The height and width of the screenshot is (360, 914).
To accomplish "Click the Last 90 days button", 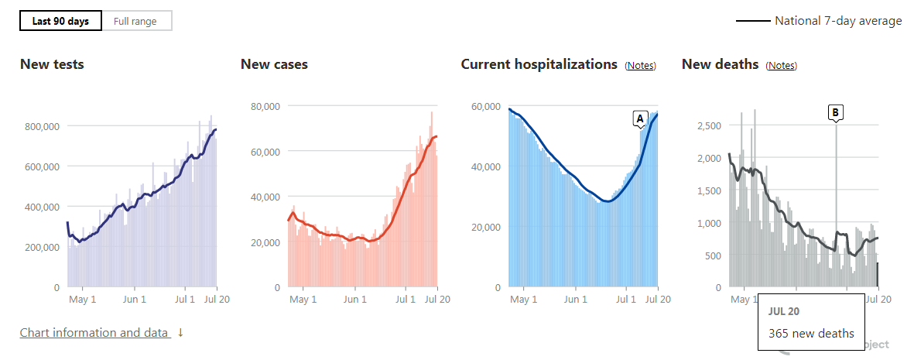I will click(x=60, y=21).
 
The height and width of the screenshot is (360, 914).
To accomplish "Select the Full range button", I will click(x=135, y=21).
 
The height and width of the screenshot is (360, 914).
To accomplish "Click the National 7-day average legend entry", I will click(x=818, y=21).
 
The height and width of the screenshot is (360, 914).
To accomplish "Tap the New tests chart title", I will click(x=52, y=64).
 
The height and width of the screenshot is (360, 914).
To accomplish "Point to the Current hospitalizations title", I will click(x=539, y=64).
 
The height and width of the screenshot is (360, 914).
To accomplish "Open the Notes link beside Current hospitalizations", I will click(x=640, y=66).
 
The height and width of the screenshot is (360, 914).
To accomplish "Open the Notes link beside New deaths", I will click(x=781, y=66).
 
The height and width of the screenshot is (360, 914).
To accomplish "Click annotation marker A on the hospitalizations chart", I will click(x=639, y=118).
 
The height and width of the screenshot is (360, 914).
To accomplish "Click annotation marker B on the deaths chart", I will click(x=835, y=112).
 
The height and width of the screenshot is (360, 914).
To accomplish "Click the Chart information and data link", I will click(x=94, y=333).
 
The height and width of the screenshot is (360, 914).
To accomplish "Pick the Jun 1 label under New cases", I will click(x=354, y=300).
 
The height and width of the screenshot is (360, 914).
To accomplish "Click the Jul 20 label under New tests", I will click(x=216, y=300).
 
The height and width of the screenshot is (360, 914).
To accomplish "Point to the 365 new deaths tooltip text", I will click(x=811, y=334).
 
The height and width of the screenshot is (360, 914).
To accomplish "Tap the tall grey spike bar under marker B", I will click(x=836, y=201).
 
